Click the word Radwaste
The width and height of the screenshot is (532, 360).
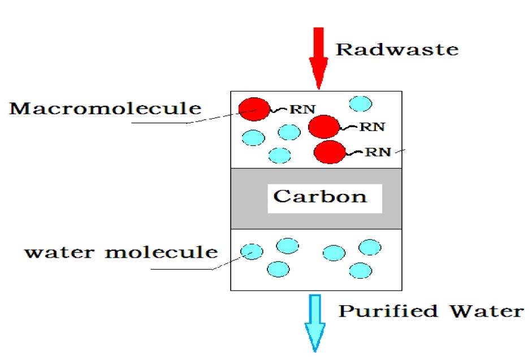click(397, 49)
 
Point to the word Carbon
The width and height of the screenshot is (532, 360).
click(320, 197)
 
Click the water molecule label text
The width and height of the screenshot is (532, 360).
click(120, 251)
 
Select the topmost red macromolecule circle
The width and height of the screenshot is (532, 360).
click(254, 109)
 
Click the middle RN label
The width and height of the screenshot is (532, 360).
click(372, 127)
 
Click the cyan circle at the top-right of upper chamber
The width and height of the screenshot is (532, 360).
click(361, 103)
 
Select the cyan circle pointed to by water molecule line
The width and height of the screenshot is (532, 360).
click(252, 250)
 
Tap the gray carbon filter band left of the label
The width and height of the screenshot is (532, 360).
click(249, 198)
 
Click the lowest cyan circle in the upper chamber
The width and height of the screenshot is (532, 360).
click(280, 155)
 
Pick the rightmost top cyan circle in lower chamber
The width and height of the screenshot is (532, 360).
click(370, 247)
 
